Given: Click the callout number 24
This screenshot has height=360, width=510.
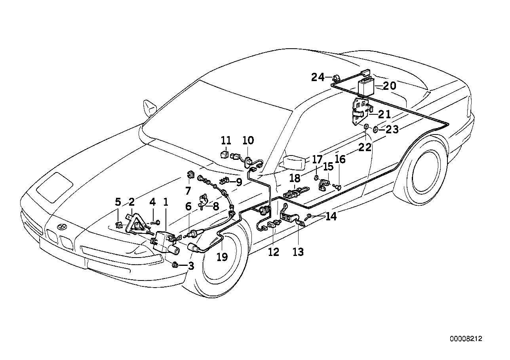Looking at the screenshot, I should (317, 77).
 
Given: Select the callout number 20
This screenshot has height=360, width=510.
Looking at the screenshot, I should (389, 86).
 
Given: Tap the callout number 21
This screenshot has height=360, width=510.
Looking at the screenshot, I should (384, 115).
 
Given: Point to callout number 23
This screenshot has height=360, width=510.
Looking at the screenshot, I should (392, 129).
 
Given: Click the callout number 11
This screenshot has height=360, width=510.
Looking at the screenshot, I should (226, 140).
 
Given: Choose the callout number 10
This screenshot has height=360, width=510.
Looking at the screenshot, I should (248, 140).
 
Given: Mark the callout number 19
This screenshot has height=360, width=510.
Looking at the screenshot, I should (222, 257).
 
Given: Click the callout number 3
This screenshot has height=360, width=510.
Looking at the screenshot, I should (191, 266).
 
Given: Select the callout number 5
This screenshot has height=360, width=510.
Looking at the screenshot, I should (118, 202).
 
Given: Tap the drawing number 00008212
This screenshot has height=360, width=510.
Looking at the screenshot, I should (466, 339).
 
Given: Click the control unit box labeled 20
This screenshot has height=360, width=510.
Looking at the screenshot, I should (367, 87).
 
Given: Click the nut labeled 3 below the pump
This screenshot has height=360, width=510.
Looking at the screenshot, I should (175, 264).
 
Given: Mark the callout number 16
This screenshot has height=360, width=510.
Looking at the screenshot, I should (340, 159).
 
